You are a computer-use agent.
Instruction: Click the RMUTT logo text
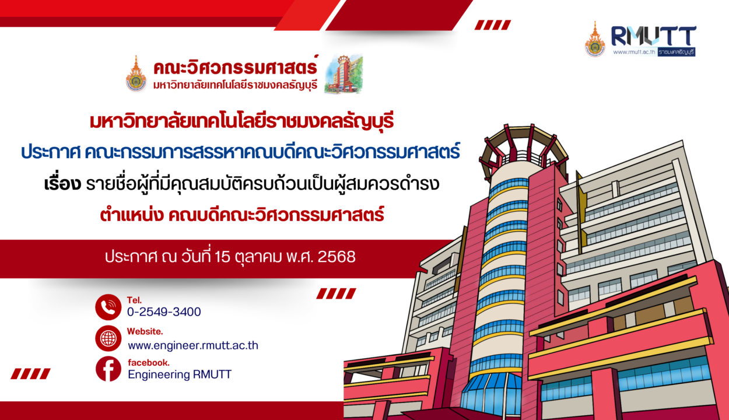(x=653, y=36)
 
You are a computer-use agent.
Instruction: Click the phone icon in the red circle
(x=108, y=307)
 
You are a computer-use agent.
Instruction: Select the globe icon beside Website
(x=108, y=338)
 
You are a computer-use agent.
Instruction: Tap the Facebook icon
(x=108, y=369)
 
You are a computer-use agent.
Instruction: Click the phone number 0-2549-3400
(x=164, y=312)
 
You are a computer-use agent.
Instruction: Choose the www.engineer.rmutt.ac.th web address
(x=193, y=345)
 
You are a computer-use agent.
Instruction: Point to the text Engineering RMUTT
(x=180, y=375)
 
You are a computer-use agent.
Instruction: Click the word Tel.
(x=133, y=300)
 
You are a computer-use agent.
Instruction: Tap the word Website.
(x=145, y=331)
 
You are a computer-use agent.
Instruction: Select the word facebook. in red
(x=149, y=363)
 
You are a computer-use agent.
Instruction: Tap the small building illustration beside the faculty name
(x=343, y=74)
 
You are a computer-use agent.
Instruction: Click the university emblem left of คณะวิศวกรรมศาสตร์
(x=136, y=74)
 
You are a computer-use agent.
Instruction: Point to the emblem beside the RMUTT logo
(x=595, y=40)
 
